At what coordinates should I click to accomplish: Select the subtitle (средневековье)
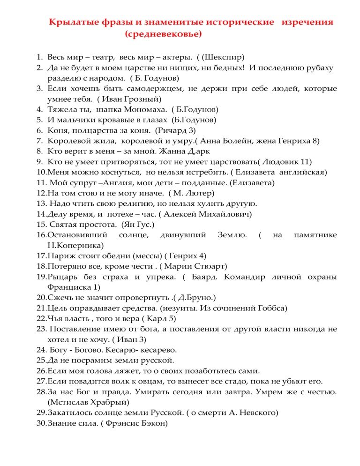click(x=164, y=34)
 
